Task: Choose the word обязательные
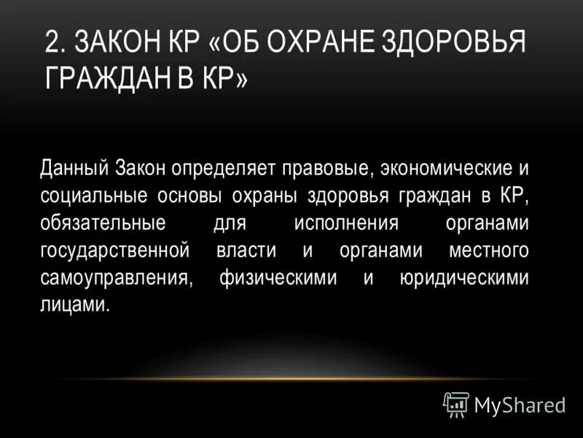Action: pos(103,223)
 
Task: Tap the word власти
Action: pos(246,250)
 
